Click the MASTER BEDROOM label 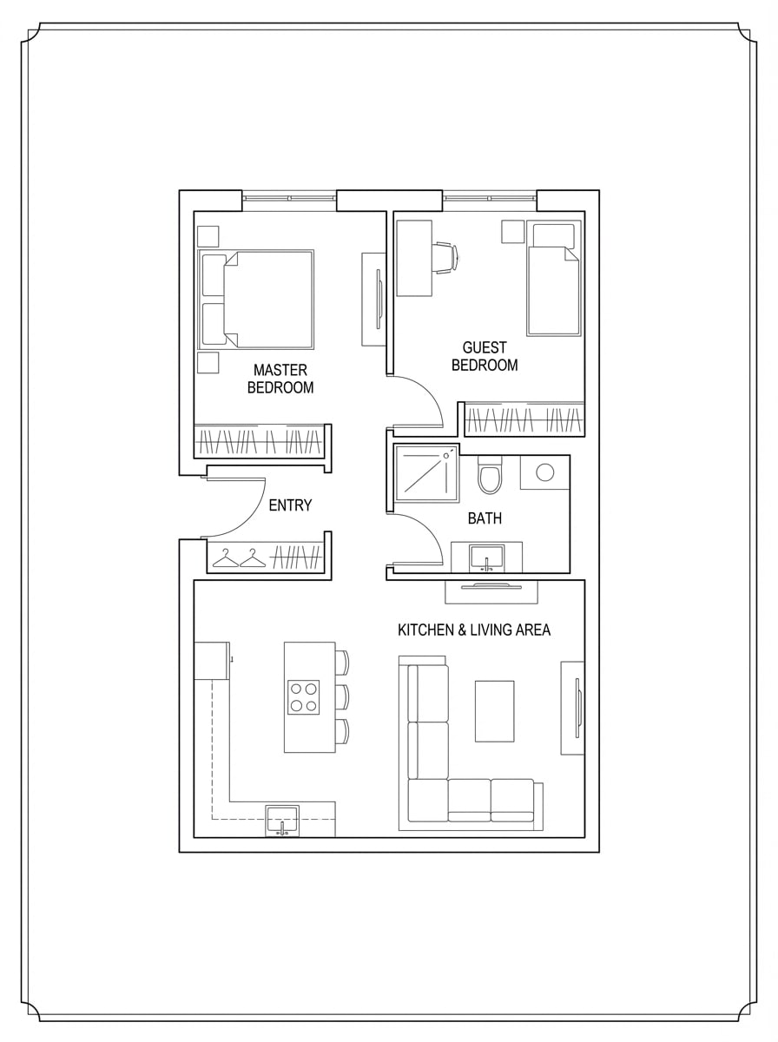280,379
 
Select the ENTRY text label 290,505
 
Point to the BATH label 485,518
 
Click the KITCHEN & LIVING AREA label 473,630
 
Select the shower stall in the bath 426,473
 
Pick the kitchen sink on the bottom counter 282,820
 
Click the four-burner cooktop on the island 304,696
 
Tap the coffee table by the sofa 495,710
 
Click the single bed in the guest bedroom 553,280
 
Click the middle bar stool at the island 341,696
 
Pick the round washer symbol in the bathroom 544,473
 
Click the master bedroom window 288,198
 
